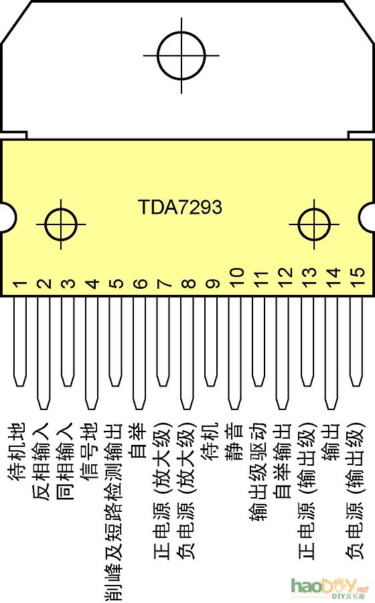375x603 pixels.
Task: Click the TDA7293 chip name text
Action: [180, 207]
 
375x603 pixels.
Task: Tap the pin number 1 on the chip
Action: [20, 284]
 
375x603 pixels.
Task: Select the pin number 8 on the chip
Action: [189, 284]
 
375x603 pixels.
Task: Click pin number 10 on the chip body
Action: [236, 277]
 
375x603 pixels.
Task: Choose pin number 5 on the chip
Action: [117, 284]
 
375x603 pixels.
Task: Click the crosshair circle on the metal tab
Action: [181, 53]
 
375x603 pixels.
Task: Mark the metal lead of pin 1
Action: [20, 342]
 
